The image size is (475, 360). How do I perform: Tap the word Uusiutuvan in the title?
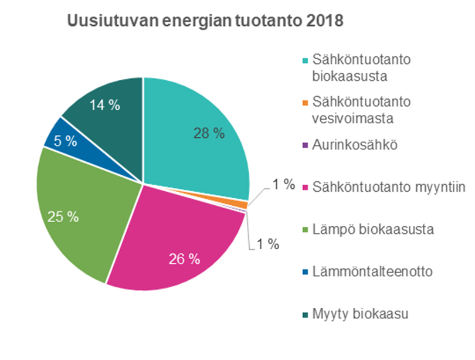click(103, 22)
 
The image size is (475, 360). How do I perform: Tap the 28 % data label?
click(209, 133)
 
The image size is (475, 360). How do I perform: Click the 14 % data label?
click(104, 106)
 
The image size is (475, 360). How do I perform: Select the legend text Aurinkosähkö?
click(350, 145)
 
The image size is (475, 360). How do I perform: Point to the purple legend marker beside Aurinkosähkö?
click(304, 146)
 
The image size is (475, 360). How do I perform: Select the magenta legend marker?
click(304, 188)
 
